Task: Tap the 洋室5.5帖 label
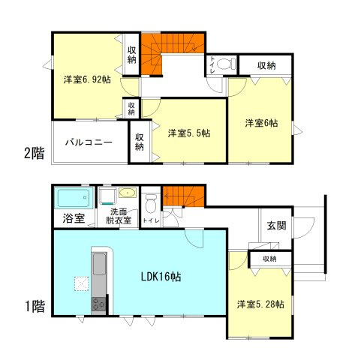(x=188, y=133)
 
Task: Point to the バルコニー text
(x=88, y=141)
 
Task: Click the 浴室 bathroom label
(x=73, y=219)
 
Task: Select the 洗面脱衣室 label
(x=118, y=217)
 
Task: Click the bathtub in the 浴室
(x=74, y=199)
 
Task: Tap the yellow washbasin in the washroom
(x=127, y=192)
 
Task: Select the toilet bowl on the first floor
(x=151, y=202)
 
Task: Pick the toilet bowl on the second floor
(x=227, y=63)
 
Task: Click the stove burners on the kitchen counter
(x=98, y=304)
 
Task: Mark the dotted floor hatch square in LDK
(x=80, y=283)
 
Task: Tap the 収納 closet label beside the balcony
(x=140, y=142)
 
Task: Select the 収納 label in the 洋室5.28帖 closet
(x=269, y=259)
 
